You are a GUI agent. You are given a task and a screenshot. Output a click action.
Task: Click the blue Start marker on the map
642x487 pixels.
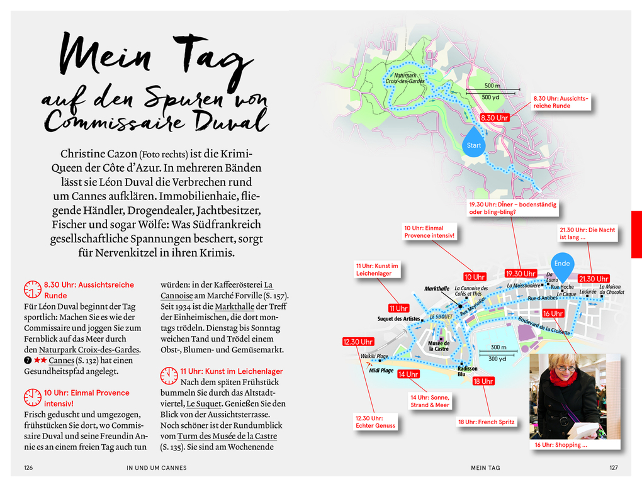474,144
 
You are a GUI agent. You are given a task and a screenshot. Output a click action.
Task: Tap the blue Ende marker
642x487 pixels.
561,264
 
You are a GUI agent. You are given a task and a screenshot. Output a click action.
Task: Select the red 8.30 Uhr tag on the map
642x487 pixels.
494,118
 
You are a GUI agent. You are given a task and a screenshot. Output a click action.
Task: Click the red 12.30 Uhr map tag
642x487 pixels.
358,342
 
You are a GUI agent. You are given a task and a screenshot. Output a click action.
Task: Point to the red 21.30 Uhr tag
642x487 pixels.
594,279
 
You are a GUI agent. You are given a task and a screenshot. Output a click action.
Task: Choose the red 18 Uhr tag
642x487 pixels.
483,381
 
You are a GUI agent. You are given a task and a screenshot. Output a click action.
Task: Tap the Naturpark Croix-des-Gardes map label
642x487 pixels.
405,78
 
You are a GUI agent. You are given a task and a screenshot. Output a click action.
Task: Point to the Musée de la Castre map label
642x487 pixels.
439,345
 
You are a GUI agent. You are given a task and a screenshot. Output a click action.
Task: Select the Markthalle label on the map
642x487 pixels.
437,289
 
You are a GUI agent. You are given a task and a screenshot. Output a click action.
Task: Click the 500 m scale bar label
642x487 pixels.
492,86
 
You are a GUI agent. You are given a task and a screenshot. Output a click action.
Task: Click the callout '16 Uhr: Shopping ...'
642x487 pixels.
561,445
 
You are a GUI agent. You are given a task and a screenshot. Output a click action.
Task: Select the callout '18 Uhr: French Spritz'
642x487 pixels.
485,422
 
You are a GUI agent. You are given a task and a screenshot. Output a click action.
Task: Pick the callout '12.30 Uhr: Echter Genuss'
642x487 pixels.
376,422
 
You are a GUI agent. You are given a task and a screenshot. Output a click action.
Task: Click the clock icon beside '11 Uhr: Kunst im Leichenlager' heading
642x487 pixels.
169,376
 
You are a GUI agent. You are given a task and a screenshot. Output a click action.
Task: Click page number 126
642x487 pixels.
28,467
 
